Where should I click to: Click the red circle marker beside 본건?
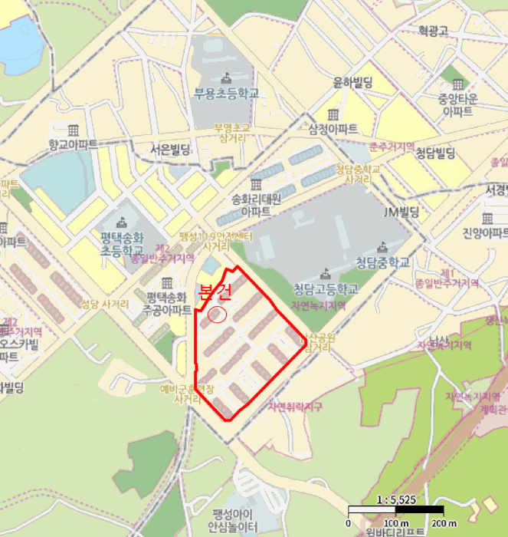[217, 315]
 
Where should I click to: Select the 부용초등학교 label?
[225, 94]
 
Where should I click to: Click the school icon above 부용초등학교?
[225, 77]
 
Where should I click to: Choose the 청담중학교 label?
[382, 262]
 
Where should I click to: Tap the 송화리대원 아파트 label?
[256, 204]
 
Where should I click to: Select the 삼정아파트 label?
[333, 128]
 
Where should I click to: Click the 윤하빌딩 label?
[352, 82]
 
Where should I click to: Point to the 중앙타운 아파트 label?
[457, 104]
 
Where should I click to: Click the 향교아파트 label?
[73, 143]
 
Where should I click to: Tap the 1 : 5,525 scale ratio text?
[395, 499]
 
